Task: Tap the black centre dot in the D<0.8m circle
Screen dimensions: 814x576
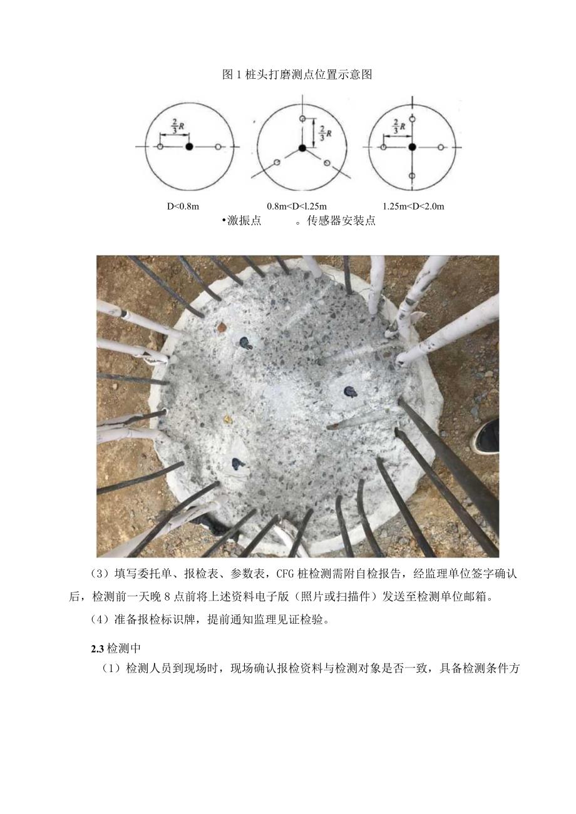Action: tap(189, 146)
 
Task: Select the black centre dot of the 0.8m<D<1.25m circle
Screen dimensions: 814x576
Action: tap(302, 148)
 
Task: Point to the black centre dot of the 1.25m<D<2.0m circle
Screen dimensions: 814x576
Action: tap(411, 146)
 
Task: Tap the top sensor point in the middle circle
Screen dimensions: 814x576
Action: tap(302, 118)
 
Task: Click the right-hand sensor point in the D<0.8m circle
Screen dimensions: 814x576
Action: tap(218, 146)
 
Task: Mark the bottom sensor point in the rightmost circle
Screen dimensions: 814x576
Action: tap(411, 176)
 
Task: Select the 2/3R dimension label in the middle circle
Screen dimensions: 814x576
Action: tap(322, 133)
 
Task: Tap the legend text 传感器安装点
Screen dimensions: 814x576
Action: tap(341, 221)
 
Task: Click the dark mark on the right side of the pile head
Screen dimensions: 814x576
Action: tap(349, 392)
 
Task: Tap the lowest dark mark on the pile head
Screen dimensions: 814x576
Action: tap(237, 464)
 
